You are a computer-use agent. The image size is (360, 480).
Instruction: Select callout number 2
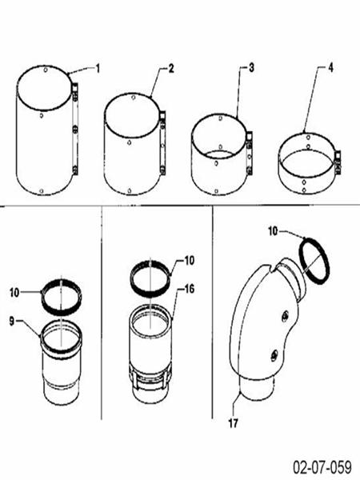pos(171,69)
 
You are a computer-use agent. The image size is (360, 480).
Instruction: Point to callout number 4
pos(330,69)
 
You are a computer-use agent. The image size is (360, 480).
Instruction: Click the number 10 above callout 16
pos(189,260)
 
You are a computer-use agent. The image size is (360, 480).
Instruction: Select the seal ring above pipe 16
pos(150,278)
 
